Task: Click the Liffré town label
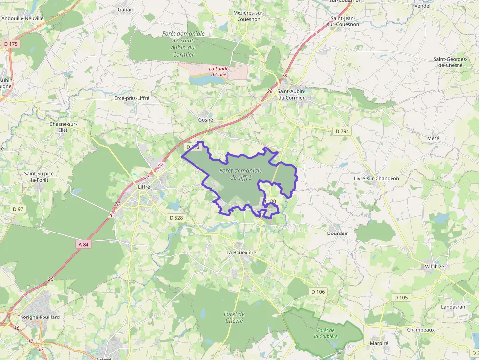click(144, 187)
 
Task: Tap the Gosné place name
click(206, 120)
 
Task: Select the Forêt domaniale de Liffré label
click(241, 174)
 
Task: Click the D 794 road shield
click(343, 131)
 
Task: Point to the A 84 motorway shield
click(84, 244)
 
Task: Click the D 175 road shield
click(10, 44)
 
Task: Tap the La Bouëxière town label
click(241, 252)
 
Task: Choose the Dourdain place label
click(338, 233)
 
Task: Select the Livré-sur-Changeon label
click(376, 178)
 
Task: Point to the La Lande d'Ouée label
click(218, 71)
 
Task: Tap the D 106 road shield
click(318, 292)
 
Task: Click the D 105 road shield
click(400, 297)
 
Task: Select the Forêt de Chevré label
click(235, 317)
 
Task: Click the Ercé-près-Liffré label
click(131, 98)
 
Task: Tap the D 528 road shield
click(176, 217)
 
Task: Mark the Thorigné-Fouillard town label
click(39, 317)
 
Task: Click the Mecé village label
click(433, 138)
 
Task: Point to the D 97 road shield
click(18, 209)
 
